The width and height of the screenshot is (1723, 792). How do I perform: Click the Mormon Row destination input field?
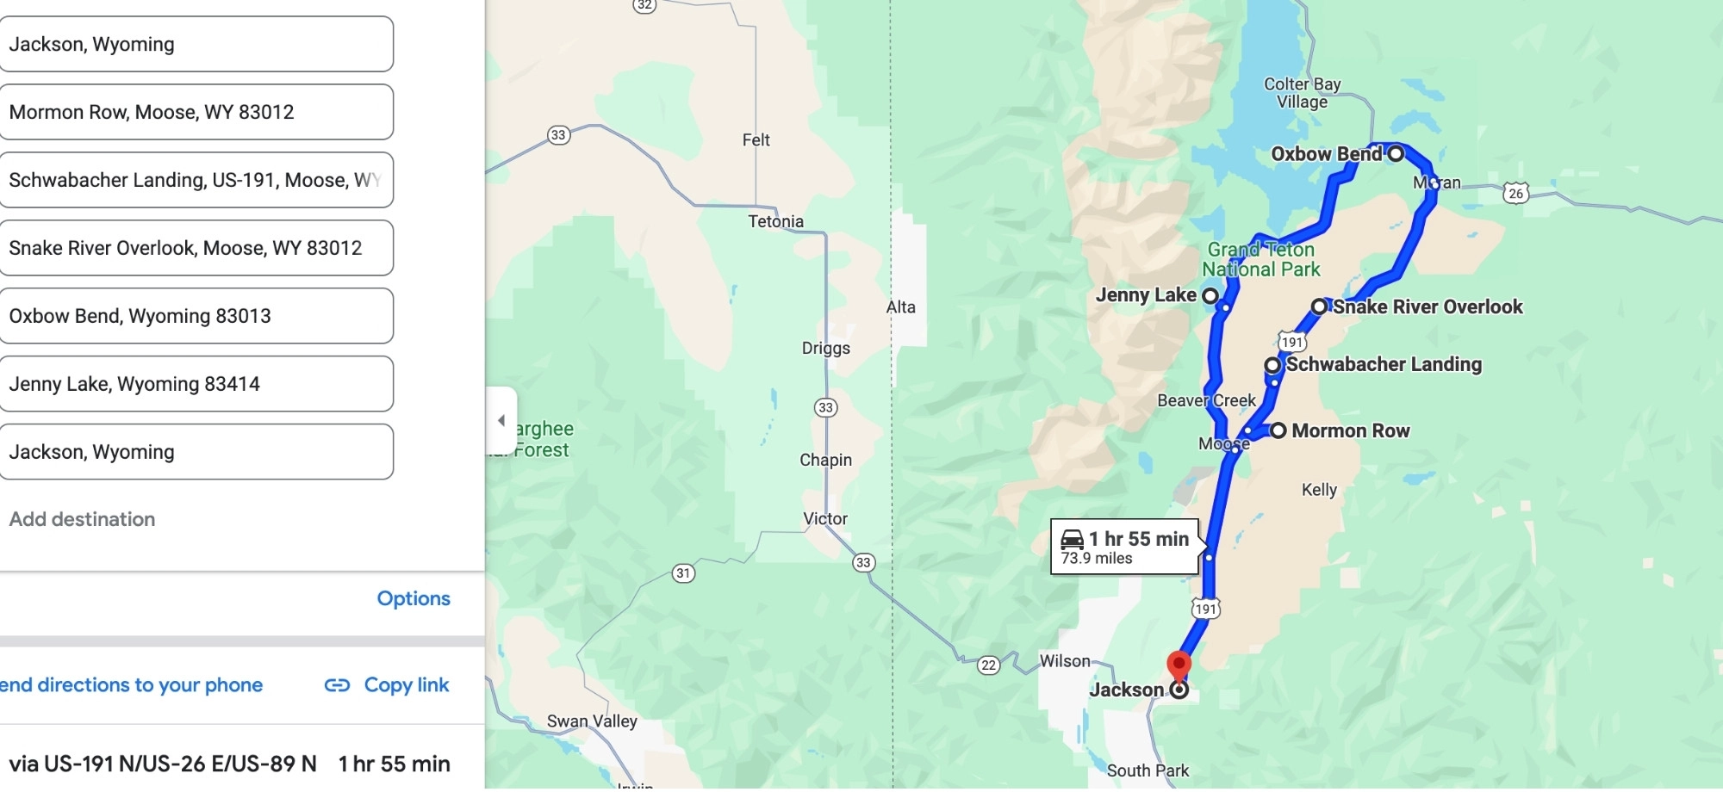coord(196,112)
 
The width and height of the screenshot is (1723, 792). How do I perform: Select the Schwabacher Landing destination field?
coord(196,180)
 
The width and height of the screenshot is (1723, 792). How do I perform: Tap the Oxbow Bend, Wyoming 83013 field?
coord(196,316)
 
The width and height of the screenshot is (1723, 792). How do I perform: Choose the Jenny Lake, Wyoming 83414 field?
coord(196,384)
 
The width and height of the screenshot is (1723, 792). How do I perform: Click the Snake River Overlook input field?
coord(196,248)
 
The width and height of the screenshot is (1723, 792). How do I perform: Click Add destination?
coord(83,519)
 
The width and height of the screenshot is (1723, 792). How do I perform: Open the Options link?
coord(414,598)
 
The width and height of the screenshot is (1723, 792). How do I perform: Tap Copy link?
coord(388,685)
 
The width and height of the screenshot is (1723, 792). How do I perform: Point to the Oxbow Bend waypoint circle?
coord(1396,154)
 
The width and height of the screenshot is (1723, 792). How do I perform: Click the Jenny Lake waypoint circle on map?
coord(1210,296)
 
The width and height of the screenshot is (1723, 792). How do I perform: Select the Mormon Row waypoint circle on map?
coord(1278,430)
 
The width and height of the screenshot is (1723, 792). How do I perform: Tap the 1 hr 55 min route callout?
coord(1124,547)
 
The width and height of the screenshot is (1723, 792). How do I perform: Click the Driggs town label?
coord(825,349)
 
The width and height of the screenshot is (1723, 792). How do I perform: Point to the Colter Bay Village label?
coord(1302,93)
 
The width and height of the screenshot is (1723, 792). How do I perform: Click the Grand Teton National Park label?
coord(1261,259)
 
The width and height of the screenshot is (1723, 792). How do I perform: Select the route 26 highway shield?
coord(1516,193)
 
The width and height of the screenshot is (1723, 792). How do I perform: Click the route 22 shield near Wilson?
coord(989,665)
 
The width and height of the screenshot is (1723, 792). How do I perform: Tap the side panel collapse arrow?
coord(501,421)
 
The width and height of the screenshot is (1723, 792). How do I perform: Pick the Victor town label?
coord(825,519)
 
